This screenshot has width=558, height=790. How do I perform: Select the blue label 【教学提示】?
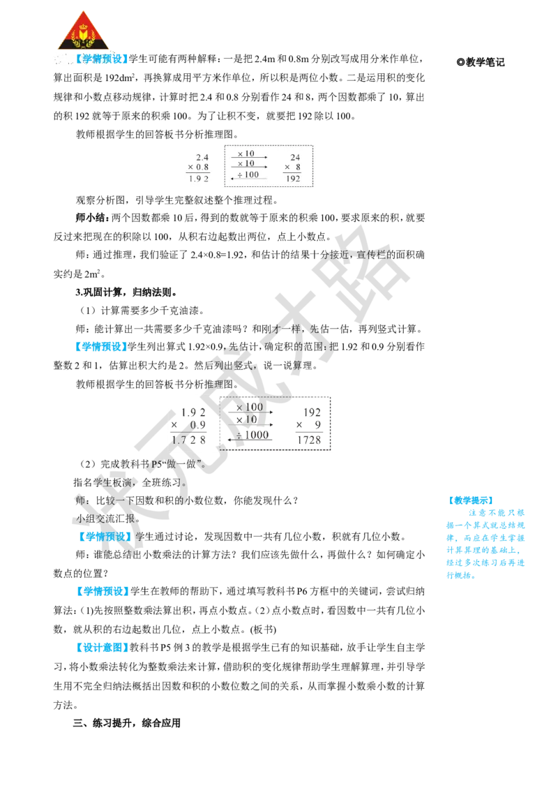click(470, 500)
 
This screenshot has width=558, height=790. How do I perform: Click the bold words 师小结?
click(91, 218)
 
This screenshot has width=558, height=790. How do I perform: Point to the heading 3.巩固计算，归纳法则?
click(126, 292)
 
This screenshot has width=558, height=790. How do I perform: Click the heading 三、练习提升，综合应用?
click(126, 723)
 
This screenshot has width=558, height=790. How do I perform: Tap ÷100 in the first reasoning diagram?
click(248, 174)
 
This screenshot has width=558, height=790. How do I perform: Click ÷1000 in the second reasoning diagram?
click(252, 435)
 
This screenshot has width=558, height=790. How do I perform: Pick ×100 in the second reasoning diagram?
click(250, 407)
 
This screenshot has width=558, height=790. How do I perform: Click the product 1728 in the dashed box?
click(309, 440)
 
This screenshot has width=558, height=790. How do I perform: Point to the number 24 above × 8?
click(295, 157)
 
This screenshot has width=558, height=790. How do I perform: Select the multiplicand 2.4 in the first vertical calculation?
click(202, 157)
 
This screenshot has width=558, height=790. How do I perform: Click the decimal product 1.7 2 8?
click(188, 440)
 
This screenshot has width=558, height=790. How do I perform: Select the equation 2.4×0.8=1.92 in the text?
click(218, 255)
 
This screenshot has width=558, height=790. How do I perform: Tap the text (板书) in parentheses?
click(263, 629)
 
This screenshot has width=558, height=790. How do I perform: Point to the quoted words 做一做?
click(186, 464)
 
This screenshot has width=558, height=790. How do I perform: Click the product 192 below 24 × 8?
click(292, 179)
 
